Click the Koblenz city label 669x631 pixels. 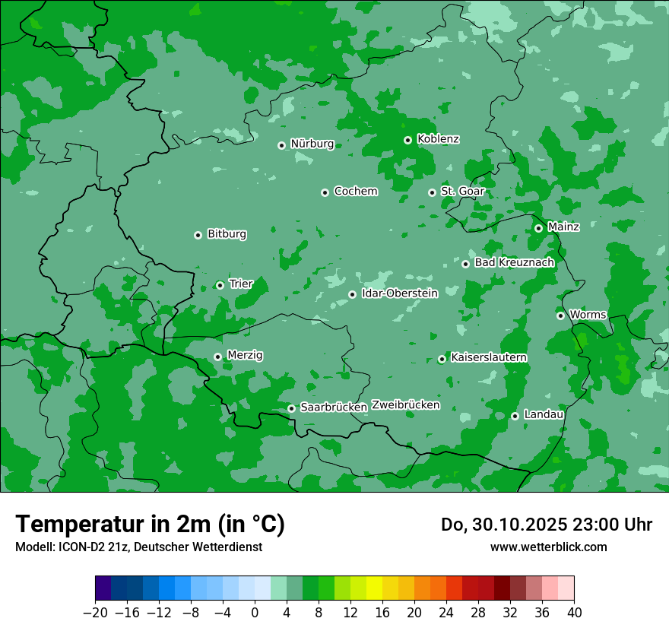[438, 139]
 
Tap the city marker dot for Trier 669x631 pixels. [220, 285]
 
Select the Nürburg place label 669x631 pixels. [312, 144]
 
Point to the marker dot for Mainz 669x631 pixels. [538, 228]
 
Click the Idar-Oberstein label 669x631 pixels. [399, 293]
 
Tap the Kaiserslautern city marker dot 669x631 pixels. [442, 359]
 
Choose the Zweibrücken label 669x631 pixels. [405, 405]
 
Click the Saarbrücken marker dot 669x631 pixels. [291, 408]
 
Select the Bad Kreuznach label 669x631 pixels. [514, 263]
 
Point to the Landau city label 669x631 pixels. [544, 414]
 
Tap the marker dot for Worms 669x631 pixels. [560, 315]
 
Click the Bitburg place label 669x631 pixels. [227, 234]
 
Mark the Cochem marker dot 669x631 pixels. [325, 192]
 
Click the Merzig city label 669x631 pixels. [245, 355]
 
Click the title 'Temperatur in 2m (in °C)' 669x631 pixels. [150, 525]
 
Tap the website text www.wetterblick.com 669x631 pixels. [548, 547]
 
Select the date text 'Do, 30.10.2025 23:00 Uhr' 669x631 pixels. [546, 525]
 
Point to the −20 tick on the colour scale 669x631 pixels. [95, 613]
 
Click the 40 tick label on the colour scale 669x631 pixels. [574, 613]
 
